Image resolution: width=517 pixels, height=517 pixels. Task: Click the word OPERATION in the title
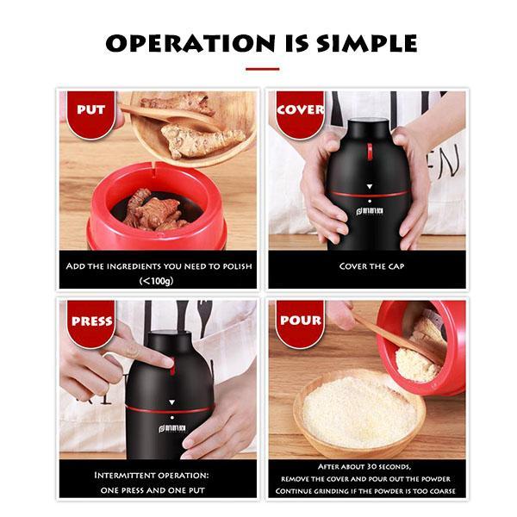pyautogui.click(x=190, y=43)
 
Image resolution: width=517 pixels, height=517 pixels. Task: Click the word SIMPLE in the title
pyautogui.click(x=366, y=43)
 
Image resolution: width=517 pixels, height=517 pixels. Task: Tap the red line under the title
pyautogui.click(x=263, y=69)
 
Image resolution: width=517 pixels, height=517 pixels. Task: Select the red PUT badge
pyautogui.click(x=91, y=115)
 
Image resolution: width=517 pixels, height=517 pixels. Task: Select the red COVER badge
pyautogui.click(x=300, y=115)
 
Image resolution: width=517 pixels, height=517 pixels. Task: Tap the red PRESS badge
pyautogui.click(x=91, y=324)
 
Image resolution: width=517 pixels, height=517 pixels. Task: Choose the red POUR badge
pyautogui.click(x=301, y=324)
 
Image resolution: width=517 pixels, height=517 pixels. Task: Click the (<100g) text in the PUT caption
pyautogui.click(x=156, y=281)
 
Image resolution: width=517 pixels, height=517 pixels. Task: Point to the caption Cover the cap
pyautogui.click(x=371, y=266)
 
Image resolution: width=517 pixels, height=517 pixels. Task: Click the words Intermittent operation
pyautogui.click(x=152, y=475)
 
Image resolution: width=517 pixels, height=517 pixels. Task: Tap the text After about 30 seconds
pyautogui.click(x=364, y=466)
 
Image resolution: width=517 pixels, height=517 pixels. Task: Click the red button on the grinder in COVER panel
pyautogui.click(x=370, y=152)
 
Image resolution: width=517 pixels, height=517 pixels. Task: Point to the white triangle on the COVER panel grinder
pyautogui.click(x=370, y=187)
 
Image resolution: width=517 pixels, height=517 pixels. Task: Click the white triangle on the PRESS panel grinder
pyautogui.click(x=171, y=402)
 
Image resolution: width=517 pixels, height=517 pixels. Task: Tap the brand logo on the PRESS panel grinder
pyautogui.click(x=171, y=428)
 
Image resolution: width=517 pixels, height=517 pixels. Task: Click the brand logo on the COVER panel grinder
pyautogui.click(x=370, y=211)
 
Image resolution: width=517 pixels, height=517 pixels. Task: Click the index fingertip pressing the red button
pyautogui.click(x=168, y=363)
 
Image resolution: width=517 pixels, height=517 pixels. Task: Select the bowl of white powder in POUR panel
pyautogui.click(x=358, y=414)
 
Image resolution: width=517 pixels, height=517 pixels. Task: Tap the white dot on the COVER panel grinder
pyautogui.click(x=370, y=201)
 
